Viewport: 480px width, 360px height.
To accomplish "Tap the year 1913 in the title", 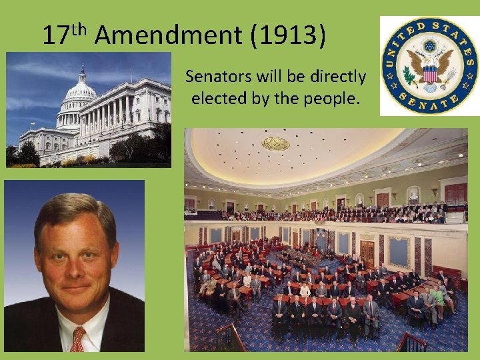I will coord(289,35).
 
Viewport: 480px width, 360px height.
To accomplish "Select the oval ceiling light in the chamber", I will coord(275,143).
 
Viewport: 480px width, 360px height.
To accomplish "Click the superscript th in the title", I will coord(80,28).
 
